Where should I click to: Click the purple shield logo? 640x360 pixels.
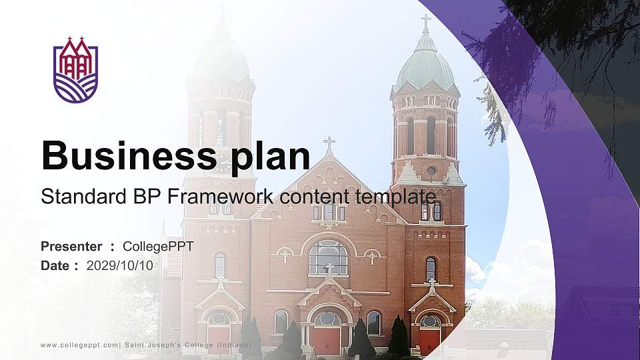(75, 70)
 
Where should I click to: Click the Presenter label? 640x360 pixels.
(71, 247)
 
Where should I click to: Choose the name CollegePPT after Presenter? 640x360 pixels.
(158, 247)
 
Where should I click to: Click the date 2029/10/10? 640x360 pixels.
(120, 265)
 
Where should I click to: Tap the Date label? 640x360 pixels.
(55, 265)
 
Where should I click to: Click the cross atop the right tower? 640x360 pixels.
(425, 22)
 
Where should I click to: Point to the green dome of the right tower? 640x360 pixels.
(425, 67)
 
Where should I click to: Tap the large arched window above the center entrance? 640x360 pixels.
(328, 257)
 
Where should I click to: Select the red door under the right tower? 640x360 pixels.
(429, 340)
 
